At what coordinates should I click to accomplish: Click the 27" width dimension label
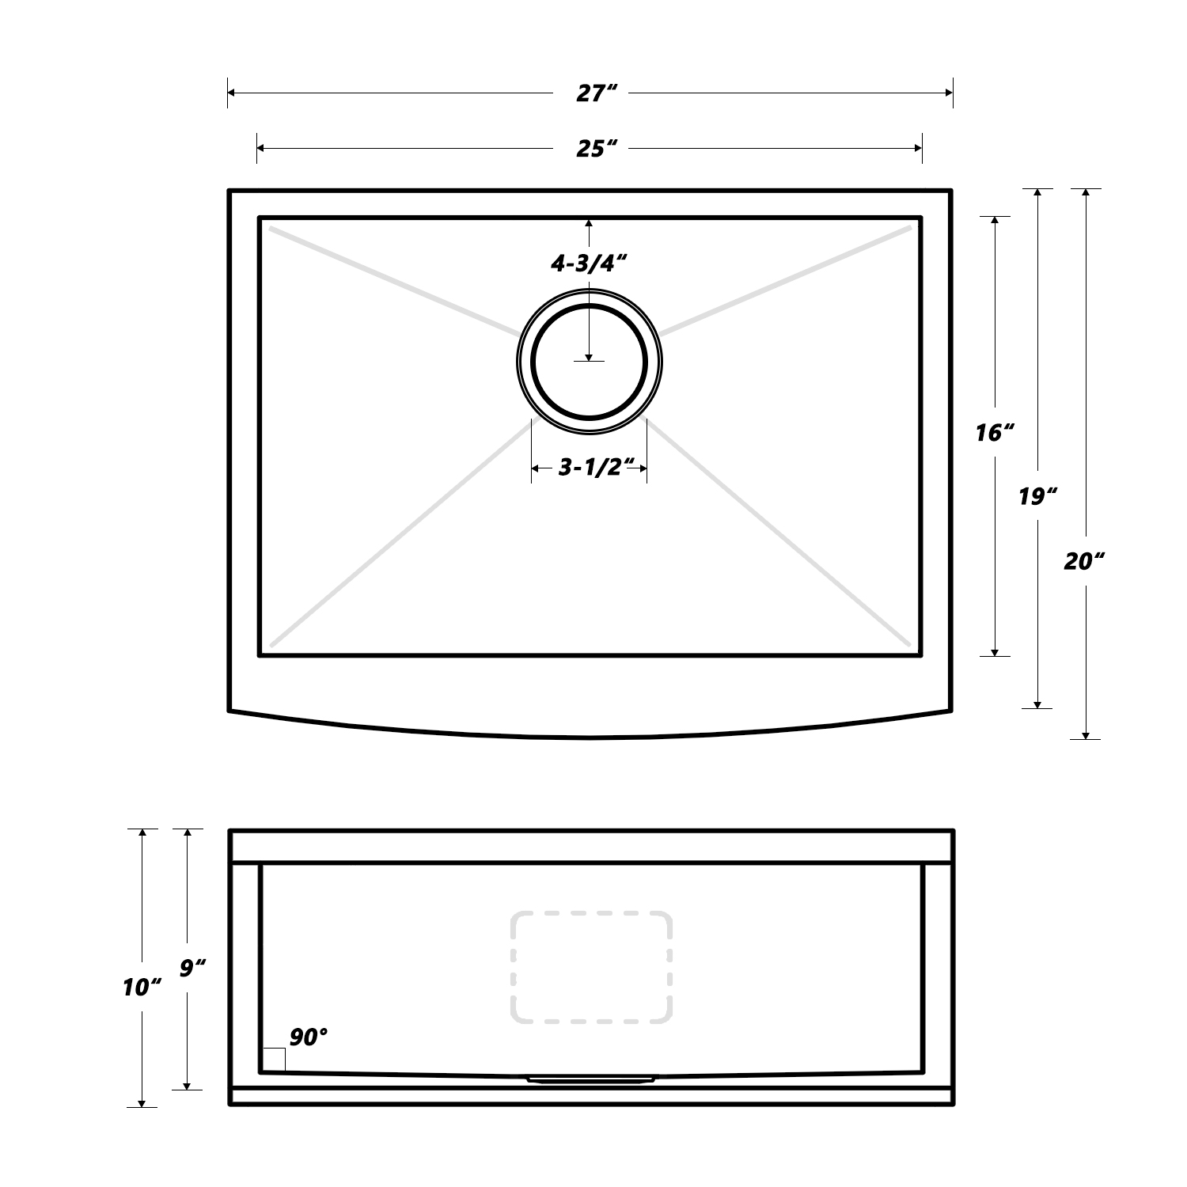(x=590, y=93)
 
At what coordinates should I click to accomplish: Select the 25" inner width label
(x=590, y=148)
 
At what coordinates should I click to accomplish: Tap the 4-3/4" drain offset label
(x=590, y=264)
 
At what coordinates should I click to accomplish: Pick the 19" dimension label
(x=1037, y=496)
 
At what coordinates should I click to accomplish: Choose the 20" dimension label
(x=1084, y=561)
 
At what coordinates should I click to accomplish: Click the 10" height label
(x=142, y=987)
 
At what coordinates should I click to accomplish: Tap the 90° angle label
(x=309, y=1037)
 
